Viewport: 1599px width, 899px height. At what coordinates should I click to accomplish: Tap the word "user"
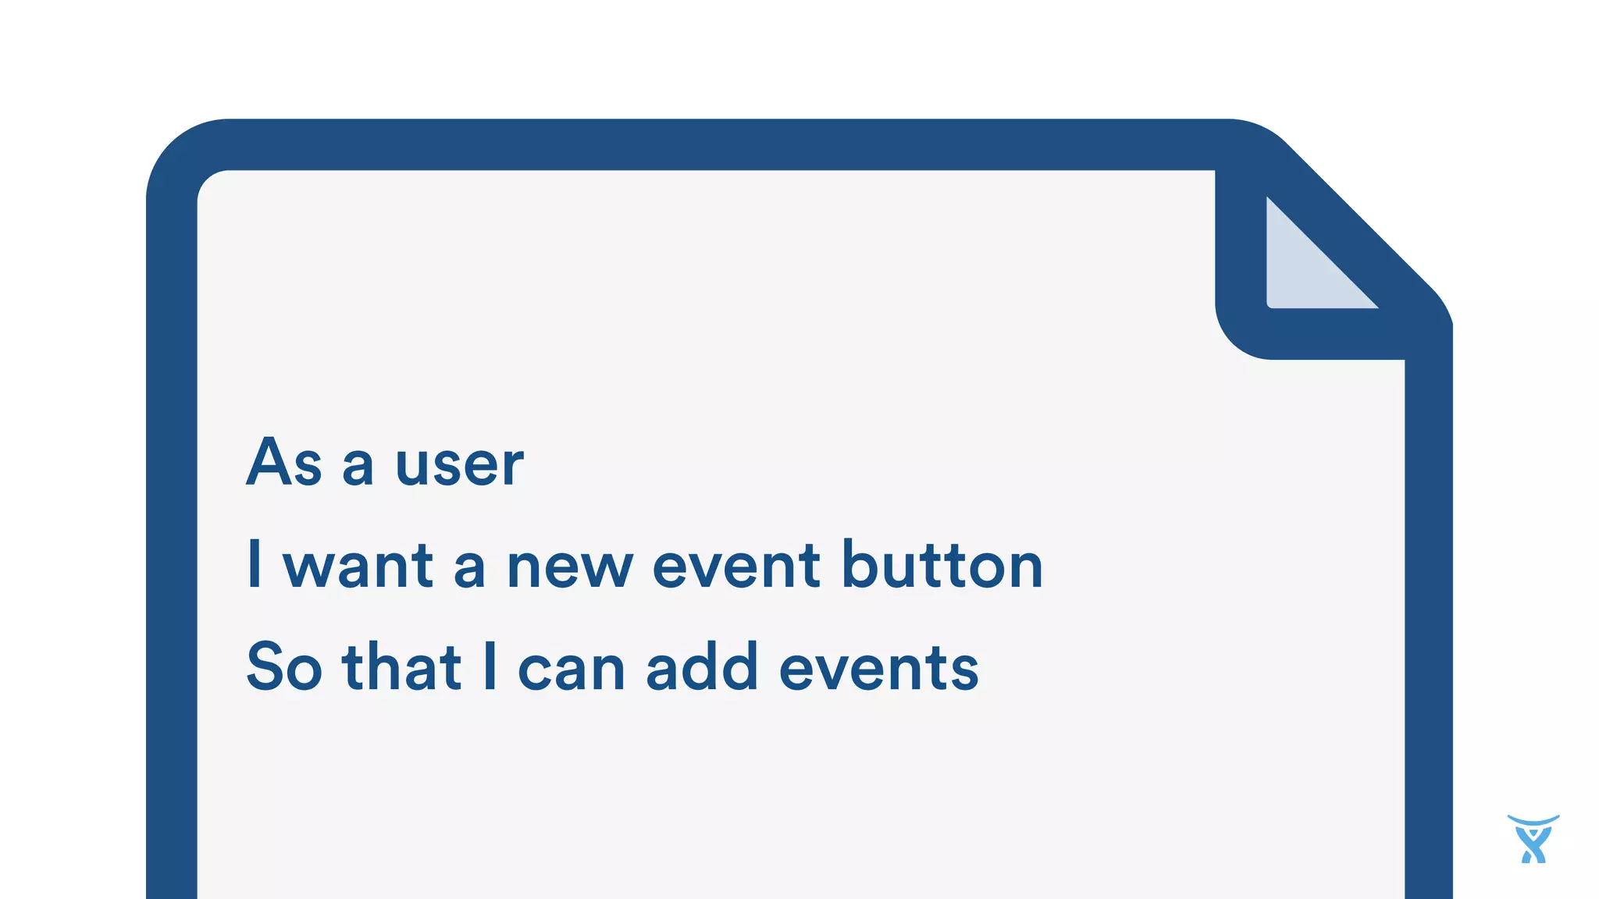point(459,466)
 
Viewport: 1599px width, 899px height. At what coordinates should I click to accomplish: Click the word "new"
point(569,568)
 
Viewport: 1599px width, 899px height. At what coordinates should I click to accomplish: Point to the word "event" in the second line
point(736,567)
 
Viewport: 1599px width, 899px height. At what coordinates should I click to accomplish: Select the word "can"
point(571,670)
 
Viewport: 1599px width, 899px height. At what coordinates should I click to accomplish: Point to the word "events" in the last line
point(878,669)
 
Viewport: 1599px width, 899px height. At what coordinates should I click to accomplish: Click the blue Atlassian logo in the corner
point(1533,840)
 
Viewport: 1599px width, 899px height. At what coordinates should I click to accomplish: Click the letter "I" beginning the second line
point(254,563)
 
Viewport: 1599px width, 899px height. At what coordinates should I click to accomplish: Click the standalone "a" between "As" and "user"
point(358,467)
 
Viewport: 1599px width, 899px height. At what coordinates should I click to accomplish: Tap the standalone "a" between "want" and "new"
point(469,568)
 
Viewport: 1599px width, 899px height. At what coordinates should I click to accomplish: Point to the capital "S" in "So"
point(263,666)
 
